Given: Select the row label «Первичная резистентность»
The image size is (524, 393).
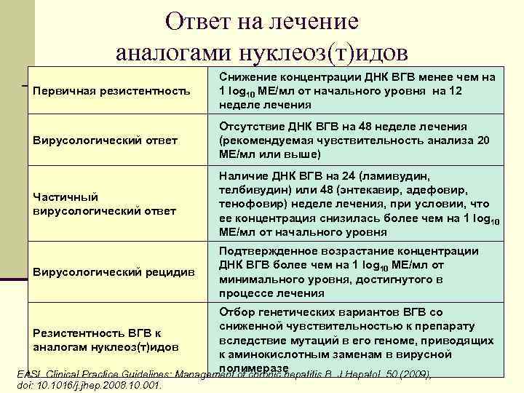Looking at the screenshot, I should pyautogui.click(x=112, y=92).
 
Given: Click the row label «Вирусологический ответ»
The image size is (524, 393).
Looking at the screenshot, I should pyautogui.click(x=106, y=140).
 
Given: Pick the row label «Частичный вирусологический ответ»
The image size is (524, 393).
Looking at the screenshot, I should pyautogui.click(x=105, y=204).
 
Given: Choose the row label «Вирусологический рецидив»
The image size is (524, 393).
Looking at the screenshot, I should pyautogui.click(x=114, y=272).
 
